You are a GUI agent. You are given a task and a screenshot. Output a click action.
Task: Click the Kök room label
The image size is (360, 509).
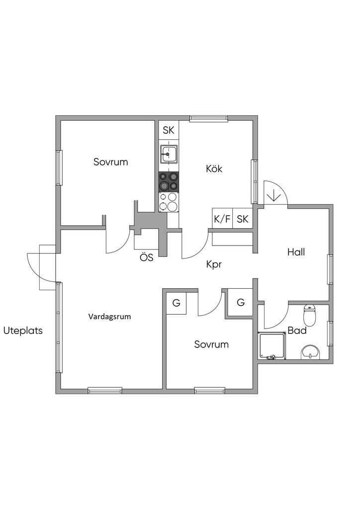(x=214, y=169)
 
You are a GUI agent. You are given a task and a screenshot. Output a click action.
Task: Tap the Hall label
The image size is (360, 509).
(x=296, y=252)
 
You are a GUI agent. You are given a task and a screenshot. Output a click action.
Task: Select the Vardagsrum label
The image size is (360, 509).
(x=110, y=317)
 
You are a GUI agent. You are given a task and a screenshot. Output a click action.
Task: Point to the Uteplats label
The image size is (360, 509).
(x=23, y=331)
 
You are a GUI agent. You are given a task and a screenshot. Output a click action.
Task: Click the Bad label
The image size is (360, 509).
(x=297, y=331)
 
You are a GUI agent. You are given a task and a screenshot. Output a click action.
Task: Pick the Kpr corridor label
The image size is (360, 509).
(x=213, y=264)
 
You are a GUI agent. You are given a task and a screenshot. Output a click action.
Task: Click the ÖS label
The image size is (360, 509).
(x=146, y=258)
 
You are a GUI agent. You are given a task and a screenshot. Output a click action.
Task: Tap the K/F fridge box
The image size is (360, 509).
(x=222, y=219)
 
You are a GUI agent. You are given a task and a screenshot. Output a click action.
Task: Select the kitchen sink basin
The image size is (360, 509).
(x=169, y=155)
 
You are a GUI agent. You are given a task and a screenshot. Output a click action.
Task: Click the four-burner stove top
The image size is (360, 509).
(x=169, y=181)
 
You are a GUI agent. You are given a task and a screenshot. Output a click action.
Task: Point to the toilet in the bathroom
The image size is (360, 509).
(x=310, y=314)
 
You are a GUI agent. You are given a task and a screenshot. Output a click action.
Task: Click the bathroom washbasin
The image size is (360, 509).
(x=311, y=351)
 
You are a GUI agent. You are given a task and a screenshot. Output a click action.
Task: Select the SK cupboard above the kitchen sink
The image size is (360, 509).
(x=169, y=131)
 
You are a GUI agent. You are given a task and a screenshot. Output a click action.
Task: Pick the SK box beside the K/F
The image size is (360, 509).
(x=243, y=219)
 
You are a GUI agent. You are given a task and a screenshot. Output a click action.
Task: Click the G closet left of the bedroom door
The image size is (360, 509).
(x=176, y=302)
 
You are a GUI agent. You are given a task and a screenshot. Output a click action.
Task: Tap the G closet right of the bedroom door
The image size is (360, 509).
(x=241, y=302)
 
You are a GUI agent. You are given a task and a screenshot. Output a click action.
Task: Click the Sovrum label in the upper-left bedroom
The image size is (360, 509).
(x=110, y=162)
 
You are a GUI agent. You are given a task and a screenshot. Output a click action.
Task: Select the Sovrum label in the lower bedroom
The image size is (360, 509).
(x=211, y=344)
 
